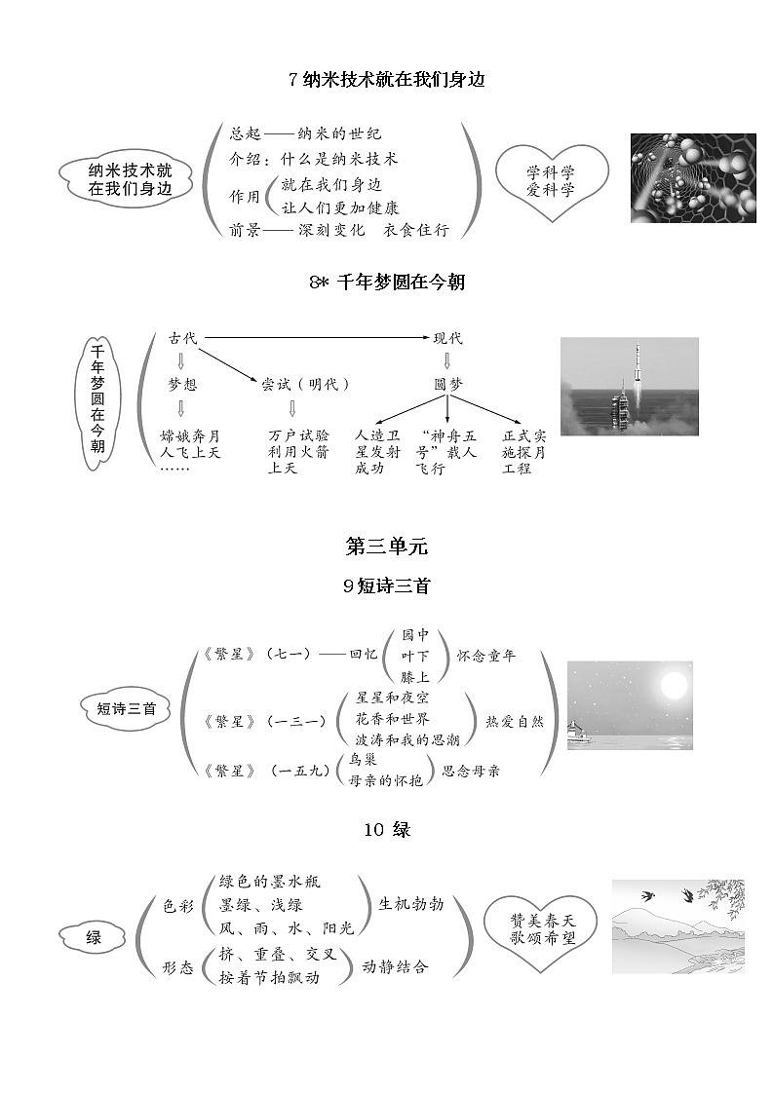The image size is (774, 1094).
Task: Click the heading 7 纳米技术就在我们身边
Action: [x=387, y=80]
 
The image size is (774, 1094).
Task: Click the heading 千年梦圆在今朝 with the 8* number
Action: [x=387, y=283]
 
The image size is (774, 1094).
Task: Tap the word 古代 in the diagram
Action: [x=182, y=338]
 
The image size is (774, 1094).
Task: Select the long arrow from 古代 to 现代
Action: [x=312, y=338]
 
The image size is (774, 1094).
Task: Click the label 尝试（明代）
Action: [x=305, y=384]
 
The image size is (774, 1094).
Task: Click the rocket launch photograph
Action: [x=629, y=386]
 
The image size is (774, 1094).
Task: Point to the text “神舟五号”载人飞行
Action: [x=445, y=452]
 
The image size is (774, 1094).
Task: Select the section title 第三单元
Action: [x=387, y=547]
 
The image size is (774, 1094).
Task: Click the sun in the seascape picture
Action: [x=674, y=687]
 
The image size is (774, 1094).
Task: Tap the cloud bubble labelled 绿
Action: [x=94, y=938]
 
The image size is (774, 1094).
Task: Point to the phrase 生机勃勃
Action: [x=410, y=904]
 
